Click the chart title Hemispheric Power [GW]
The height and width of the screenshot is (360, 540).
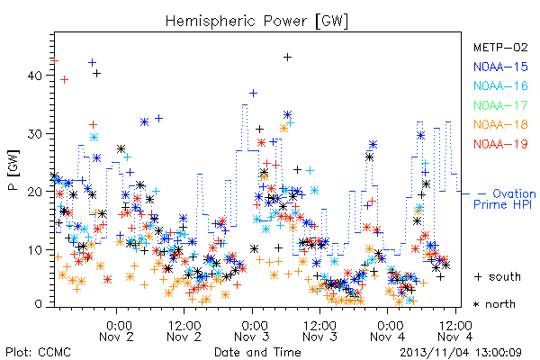click(256, 21)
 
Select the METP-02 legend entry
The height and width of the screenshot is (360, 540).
click(500, 47)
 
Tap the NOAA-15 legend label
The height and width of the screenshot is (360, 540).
click(500, 67)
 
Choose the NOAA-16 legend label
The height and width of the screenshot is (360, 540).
click(500, 85)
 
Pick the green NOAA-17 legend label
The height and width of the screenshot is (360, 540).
click(500, 105)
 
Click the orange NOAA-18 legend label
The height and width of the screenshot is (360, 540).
click(500, 124)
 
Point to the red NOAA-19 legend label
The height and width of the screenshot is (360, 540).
click(500, 144)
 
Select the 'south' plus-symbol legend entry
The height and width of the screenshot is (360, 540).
click(498, 276)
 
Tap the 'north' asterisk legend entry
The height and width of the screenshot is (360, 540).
click(494, 304)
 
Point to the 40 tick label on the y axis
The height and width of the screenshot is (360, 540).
click(35, 76)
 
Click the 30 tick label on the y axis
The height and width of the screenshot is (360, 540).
click(35, 134)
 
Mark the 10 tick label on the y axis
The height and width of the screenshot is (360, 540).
click(35, 250)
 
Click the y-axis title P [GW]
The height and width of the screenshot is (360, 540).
click(14, 170)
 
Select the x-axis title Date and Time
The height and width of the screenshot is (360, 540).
click(257, 353)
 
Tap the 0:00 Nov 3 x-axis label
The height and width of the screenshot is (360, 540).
click(253, 331)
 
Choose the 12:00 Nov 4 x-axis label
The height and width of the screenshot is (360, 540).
click(455, 331)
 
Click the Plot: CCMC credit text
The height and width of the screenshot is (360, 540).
click(38, 353)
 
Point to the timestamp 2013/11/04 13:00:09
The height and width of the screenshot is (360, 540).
click(461, 353)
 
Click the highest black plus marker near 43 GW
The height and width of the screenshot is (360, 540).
click(288, 58)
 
